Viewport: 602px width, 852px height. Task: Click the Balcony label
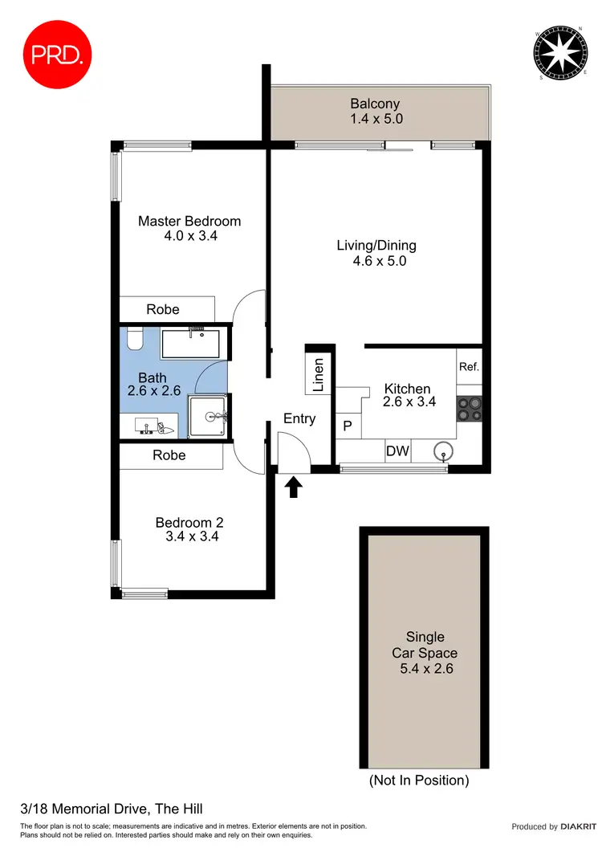point(375,104)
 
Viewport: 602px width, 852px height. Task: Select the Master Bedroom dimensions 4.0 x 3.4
point(189,237)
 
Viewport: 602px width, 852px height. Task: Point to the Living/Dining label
point(376,246)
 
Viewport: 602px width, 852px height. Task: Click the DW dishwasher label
point(397,451)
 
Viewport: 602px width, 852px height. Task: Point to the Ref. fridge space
point(469,367)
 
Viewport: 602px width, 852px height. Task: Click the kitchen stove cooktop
point(469,410)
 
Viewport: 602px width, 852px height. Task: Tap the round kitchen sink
point(442,452)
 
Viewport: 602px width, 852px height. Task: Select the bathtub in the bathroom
point(194,343)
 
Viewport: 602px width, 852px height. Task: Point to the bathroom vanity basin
point(150,426)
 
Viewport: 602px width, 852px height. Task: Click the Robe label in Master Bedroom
point(163,309)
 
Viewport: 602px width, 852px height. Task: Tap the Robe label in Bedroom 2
point(169,455)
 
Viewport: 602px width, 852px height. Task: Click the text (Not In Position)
point(418,780)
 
